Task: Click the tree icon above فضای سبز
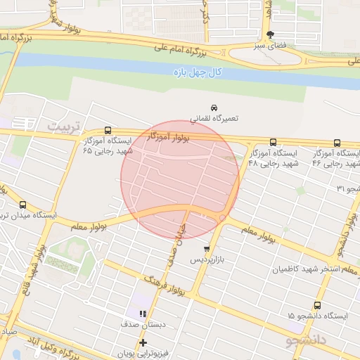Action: (271, 35)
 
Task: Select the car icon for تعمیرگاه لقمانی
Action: (214, 108)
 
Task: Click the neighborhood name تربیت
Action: (65, 126)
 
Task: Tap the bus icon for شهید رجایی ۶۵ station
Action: (108, 131)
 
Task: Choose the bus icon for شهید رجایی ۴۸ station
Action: (274, 142)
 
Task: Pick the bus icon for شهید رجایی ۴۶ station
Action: (337, 142)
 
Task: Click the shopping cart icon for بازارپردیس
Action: (206, 249)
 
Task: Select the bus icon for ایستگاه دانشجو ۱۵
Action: (317, 306)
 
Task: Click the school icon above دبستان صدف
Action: (143, 314)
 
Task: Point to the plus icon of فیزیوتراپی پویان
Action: (143, 342)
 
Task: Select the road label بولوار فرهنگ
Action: (165, 284)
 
